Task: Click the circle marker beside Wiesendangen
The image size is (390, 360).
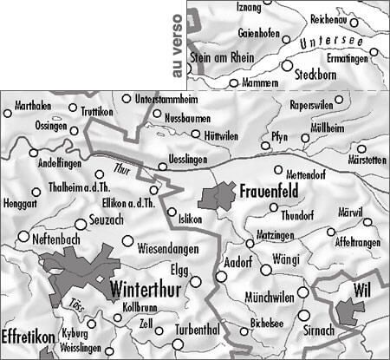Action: click(x=127, y=240)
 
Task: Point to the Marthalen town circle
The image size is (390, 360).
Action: click(x=8, y=111)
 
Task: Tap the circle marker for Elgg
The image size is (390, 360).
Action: click(x=195, y=280)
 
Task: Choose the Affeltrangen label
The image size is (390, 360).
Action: click(x=356, y=244)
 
